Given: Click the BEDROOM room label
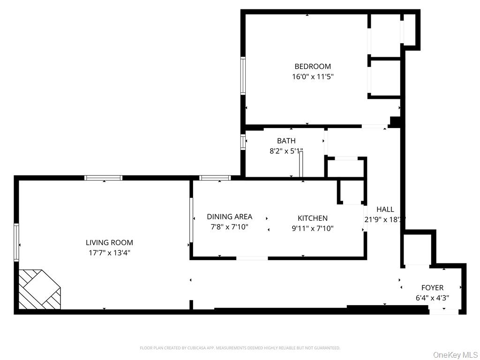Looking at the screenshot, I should pyautogui.click(x=312, y=67).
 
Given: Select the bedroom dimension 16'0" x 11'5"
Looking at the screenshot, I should pyautogui.click(x=312, y=76).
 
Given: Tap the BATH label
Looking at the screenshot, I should pyautogui.click(x=286, y=141).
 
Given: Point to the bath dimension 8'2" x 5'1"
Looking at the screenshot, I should pyautogui.click(x=286, y=151).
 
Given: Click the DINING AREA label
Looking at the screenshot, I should pyautogui.click(x=229, y=217).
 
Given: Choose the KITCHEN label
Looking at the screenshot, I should pyautogui.click(x=312, y=218).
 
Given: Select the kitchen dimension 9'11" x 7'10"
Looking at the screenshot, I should pyautogui.click(x=312, y=228).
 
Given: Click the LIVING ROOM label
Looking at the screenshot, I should pyautogui.click(x=109, y=243).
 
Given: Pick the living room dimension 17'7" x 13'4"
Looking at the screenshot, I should pyautogui.click(x=109, y=253).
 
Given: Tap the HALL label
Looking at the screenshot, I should pyautogui.click(x=385, y=210).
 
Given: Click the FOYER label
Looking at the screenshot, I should pyautogui.click(x=432, y=288).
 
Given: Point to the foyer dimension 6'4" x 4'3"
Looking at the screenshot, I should pyautogui.click(x=432, y=298).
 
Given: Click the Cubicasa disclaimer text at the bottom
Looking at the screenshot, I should pyautogui.click(x=240, y=348).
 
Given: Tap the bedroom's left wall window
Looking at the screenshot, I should pyautogui.click(x=243, y=76).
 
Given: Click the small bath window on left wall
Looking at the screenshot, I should pyautogui.click(x=243, y=142).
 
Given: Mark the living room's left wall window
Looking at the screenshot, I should pyautogui.click(x=16, y=242).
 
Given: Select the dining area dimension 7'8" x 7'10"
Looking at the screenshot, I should pyautogui.click(x=229, y=227).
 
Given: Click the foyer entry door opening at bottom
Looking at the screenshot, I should pyautogui.click(x=443, y=311).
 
